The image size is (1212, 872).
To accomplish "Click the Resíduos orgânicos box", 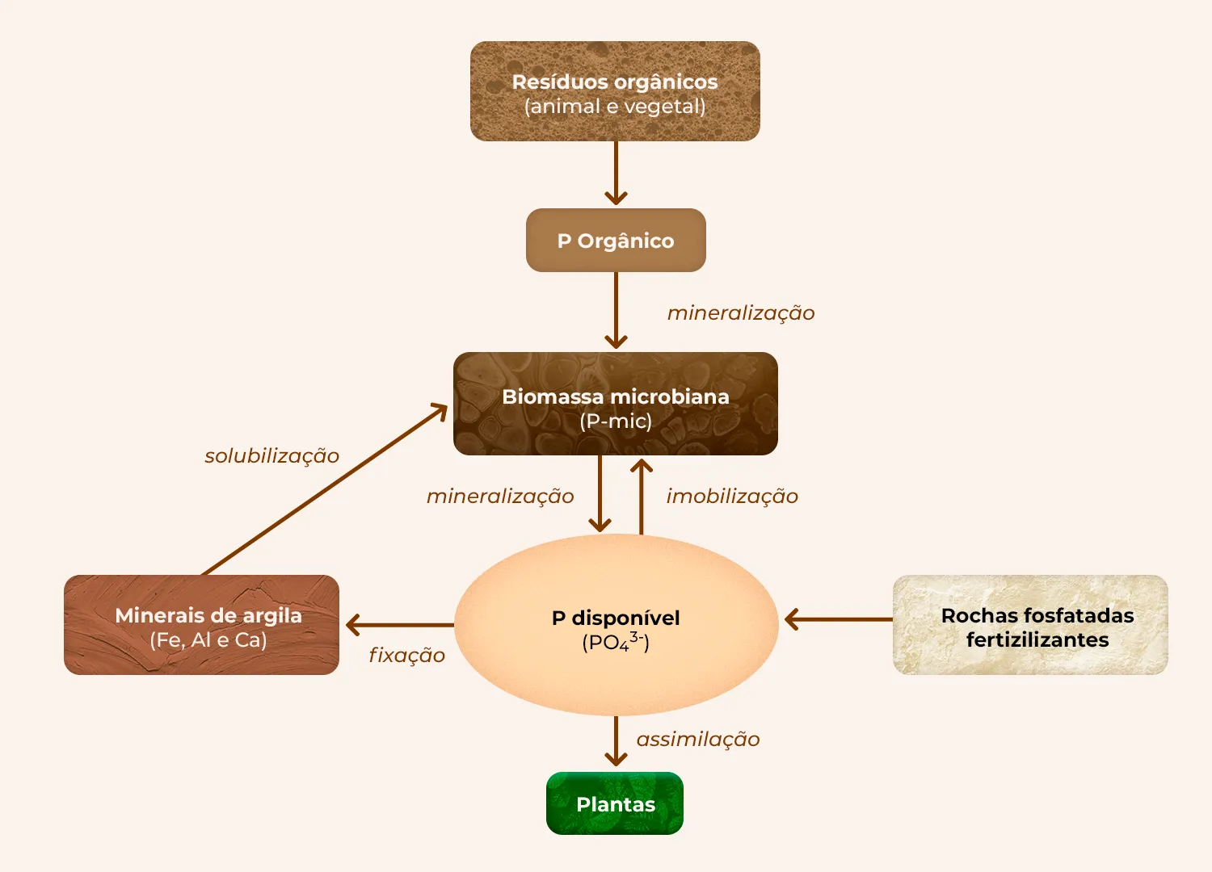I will click(x=615, y=91).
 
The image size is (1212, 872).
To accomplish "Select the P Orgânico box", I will click(x=616, y=241).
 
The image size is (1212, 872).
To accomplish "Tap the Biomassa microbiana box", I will click(x=616, y=404).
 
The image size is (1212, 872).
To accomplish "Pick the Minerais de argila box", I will click(x=201, y=625).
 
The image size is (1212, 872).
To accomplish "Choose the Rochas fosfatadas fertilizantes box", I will click(x=1030, y=625).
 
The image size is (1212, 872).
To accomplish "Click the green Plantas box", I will click(x=615, y=803).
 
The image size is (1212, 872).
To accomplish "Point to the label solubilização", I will click(x=271, y=456).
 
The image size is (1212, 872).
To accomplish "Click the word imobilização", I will click(x=732, y=497).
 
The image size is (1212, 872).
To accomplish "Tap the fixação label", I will click(x=406, y=656).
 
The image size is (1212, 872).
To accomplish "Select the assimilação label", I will click(x=698, y=740).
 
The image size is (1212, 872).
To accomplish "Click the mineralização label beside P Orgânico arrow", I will click(x=741, y=313).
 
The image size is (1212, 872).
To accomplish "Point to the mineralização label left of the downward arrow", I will click(x=500, y=497).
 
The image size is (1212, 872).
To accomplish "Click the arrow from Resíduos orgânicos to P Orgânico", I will click(x=616, y=173).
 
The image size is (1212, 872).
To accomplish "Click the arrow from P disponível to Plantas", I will click(x=616, y=741).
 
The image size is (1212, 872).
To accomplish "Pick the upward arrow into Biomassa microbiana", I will click(x=642, y=497).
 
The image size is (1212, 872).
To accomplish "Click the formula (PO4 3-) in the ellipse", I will click(x=616, y=642).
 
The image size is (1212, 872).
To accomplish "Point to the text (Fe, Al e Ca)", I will click(x=208, y=640).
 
